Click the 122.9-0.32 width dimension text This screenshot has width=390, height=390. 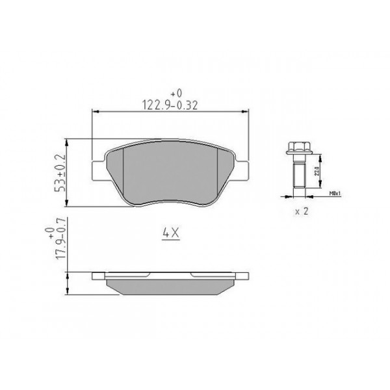[x=172, y=103]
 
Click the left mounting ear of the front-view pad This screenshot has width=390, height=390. [x=99, y=166]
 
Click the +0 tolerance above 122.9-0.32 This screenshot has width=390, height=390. [x=172, y=92]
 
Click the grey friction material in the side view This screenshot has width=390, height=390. [x=171, y=284]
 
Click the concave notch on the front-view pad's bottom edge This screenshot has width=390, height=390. [x=171, y=203]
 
